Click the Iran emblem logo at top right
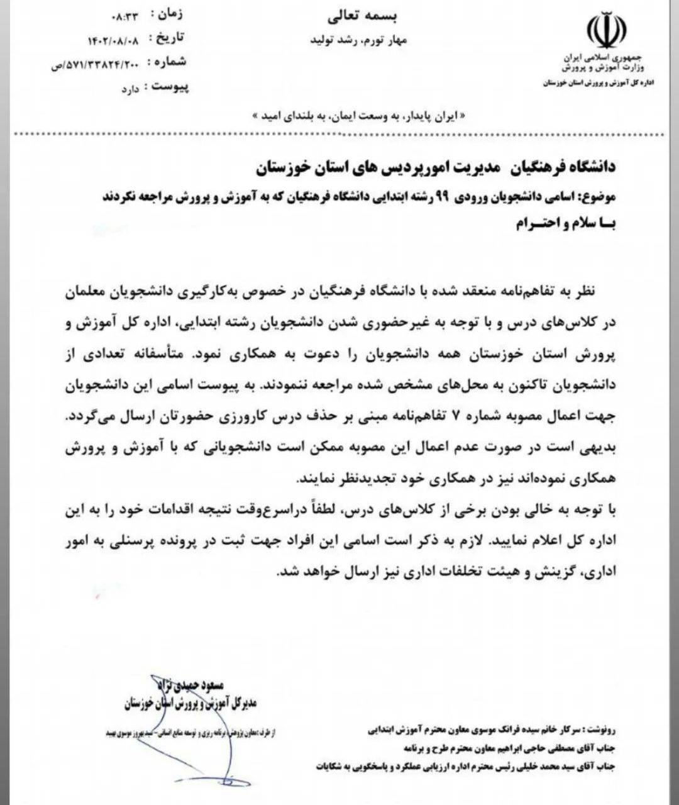point(606,31)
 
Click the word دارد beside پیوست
point(130,89)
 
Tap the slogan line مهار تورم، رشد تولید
point(359,40)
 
